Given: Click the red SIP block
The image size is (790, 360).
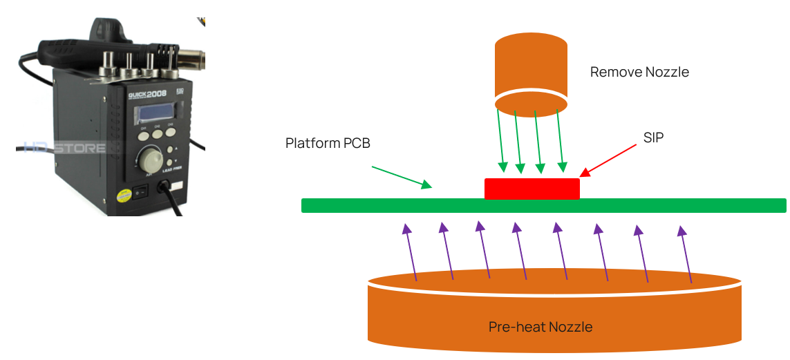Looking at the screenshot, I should tap(532, 189).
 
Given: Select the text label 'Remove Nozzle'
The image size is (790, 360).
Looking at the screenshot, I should tap(639, 72).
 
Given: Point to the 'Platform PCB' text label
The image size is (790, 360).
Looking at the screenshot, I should tap(328, 143).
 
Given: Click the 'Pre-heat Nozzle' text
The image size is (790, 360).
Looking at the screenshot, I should tap(540, 326).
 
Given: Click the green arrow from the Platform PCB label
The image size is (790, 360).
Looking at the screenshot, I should tap(402, 176).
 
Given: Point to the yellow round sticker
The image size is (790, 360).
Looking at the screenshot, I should tap(124, 196).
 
